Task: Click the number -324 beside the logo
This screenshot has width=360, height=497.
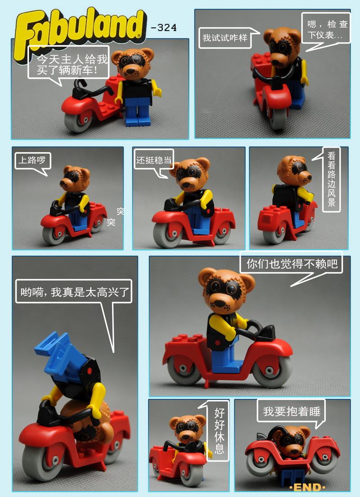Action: pos(164,28)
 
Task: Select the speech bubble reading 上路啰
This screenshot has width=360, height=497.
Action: pos(32,161)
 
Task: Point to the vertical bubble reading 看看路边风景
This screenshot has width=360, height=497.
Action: pos(331,179)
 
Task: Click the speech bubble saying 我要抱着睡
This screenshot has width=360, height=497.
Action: pos(292,412)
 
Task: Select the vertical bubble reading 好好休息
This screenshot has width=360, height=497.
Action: pos(219,431)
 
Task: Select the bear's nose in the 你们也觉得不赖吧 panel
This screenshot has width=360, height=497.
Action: pos(220,303)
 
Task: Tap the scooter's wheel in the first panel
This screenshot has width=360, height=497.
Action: pos(78,121)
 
